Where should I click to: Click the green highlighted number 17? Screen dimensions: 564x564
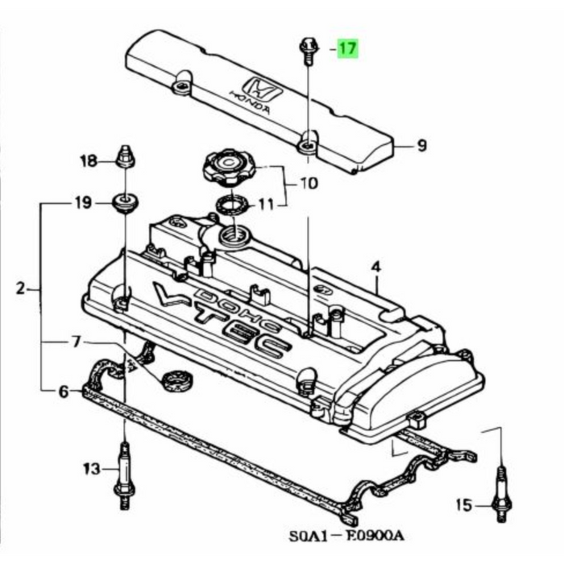point(347,48)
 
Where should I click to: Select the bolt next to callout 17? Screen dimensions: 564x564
point(309,52)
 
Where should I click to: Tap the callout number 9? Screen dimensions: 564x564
point(421,145)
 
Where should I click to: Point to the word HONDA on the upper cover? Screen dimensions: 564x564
point(250,102)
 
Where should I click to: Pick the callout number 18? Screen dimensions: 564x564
point(89,160)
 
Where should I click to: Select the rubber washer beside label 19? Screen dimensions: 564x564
point(125,203)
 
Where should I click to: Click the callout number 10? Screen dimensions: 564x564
point(309,184)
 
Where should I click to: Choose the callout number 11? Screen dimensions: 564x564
point(266,205)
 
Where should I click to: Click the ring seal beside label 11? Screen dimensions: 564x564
point(233,205)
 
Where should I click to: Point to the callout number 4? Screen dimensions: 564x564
point(375,267)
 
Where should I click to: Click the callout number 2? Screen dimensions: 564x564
point(21,288)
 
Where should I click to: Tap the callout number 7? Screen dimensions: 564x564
point(76,342)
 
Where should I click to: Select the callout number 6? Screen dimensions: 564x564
point(64,392)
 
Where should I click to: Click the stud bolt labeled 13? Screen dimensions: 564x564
point(124,475)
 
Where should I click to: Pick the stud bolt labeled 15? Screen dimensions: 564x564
point(501,493)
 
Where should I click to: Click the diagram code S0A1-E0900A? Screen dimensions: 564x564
point(346,536)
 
